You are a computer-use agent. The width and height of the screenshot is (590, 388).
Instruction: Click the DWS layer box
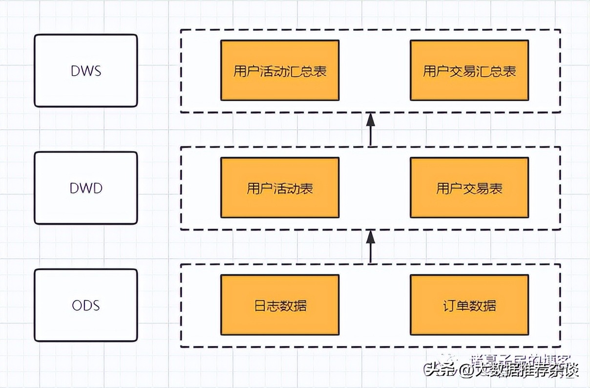coord(86,70)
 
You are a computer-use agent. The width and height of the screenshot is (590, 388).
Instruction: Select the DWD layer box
coord(86,188)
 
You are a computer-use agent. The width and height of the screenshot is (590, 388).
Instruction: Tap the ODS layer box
coord(86,305)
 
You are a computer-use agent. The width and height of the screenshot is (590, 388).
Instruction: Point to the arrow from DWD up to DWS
coord(370,129)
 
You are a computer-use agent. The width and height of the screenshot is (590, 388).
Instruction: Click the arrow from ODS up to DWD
coord(370,246)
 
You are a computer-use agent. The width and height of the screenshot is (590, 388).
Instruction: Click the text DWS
coord(86,70)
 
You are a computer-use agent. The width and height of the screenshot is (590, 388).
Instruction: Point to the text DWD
coord(86,188)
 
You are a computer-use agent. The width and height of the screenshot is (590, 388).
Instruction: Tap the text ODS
coord(86,305)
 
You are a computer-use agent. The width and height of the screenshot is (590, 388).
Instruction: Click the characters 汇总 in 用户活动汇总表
coord(300,71)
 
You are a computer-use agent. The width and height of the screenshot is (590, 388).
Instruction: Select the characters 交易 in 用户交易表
coord(469,189)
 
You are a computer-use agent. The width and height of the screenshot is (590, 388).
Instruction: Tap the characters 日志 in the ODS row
coord(267,306)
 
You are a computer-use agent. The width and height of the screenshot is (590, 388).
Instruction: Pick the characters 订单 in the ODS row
coord(456,306)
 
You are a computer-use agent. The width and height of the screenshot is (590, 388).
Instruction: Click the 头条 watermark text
coord(440,370)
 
